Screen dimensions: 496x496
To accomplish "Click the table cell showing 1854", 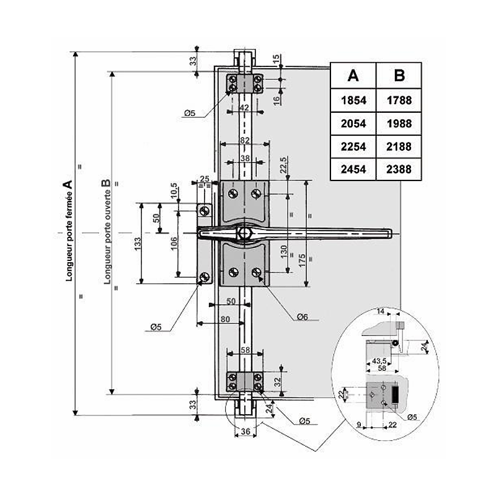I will (x=353, y=99).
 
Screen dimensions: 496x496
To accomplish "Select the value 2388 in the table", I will (x=399, y=168).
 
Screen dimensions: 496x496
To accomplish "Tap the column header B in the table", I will (x=399, y=76).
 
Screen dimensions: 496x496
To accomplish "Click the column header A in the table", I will (x=353, y=76).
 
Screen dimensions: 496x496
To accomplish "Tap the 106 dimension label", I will (x=174, y=242).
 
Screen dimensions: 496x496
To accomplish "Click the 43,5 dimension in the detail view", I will (x=379, y=361).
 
